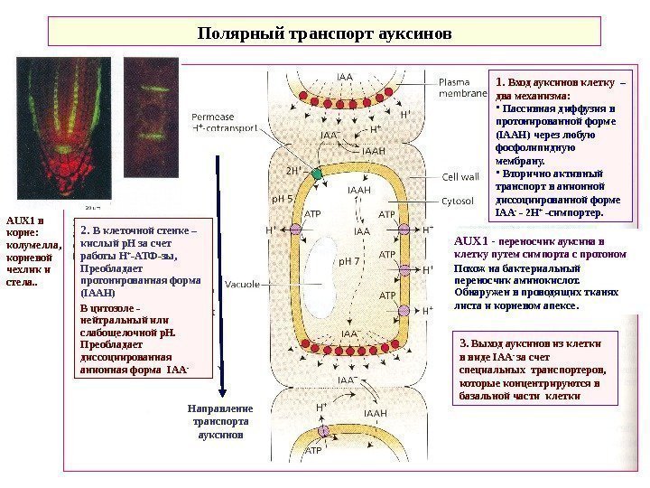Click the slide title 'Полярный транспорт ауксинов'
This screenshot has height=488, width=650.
point(324,34)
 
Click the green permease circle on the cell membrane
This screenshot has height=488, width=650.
point(316,172)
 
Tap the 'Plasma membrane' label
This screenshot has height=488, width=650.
point(460,87)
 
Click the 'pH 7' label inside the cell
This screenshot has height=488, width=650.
point(348,261)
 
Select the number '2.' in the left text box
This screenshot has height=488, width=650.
point(87,230)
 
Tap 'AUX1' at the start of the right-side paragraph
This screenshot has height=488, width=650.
point(470,241)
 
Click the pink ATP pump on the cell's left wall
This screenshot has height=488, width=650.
point(295,230)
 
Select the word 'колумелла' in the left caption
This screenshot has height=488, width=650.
point(28,243)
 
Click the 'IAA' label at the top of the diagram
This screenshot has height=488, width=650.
point(344,78)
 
